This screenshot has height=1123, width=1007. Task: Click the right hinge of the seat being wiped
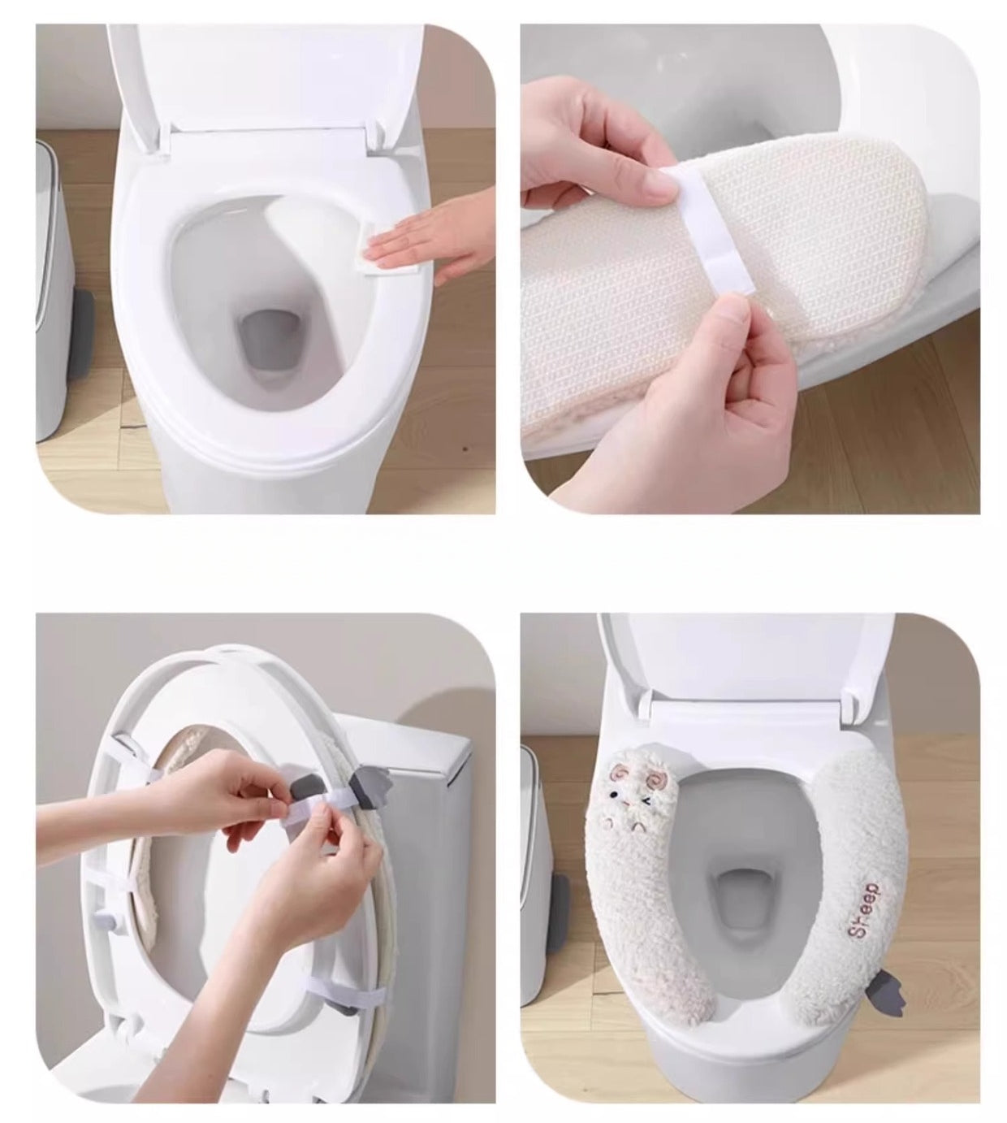coord(377,133)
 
